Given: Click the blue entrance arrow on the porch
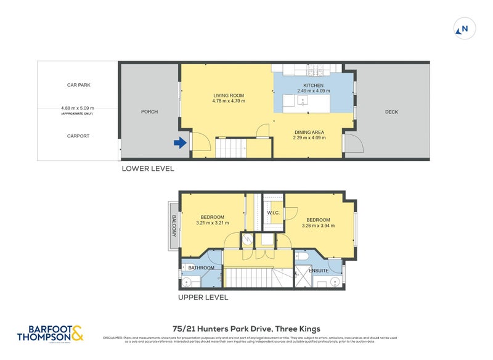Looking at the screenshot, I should (x=180, y=143).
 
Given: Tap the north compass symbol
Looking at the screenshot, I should (x=464, y=28).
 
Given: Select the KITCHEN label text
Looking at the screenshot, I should (x=313, y=85).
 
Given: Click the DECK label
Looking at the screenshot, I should (x=391, y=112).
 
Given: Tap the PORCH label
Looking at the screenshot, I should (x=149, y=112).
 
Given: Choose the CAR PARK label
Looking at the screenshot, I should (x=79, y=85).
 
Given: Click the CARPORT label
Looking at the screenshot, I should (x=79, y=136).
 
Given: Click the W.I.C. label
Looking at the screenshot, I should (x=274, y=213).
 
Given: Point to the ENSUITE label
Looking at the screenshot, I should (x=319, y=269).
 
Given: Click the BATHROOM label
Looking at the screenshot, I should (x=201, y=268).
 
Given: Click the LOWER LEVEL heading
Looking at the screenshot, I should (x=147, y=168).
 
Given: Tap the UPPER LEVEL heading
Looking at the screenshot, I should (x=203, y=297).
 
